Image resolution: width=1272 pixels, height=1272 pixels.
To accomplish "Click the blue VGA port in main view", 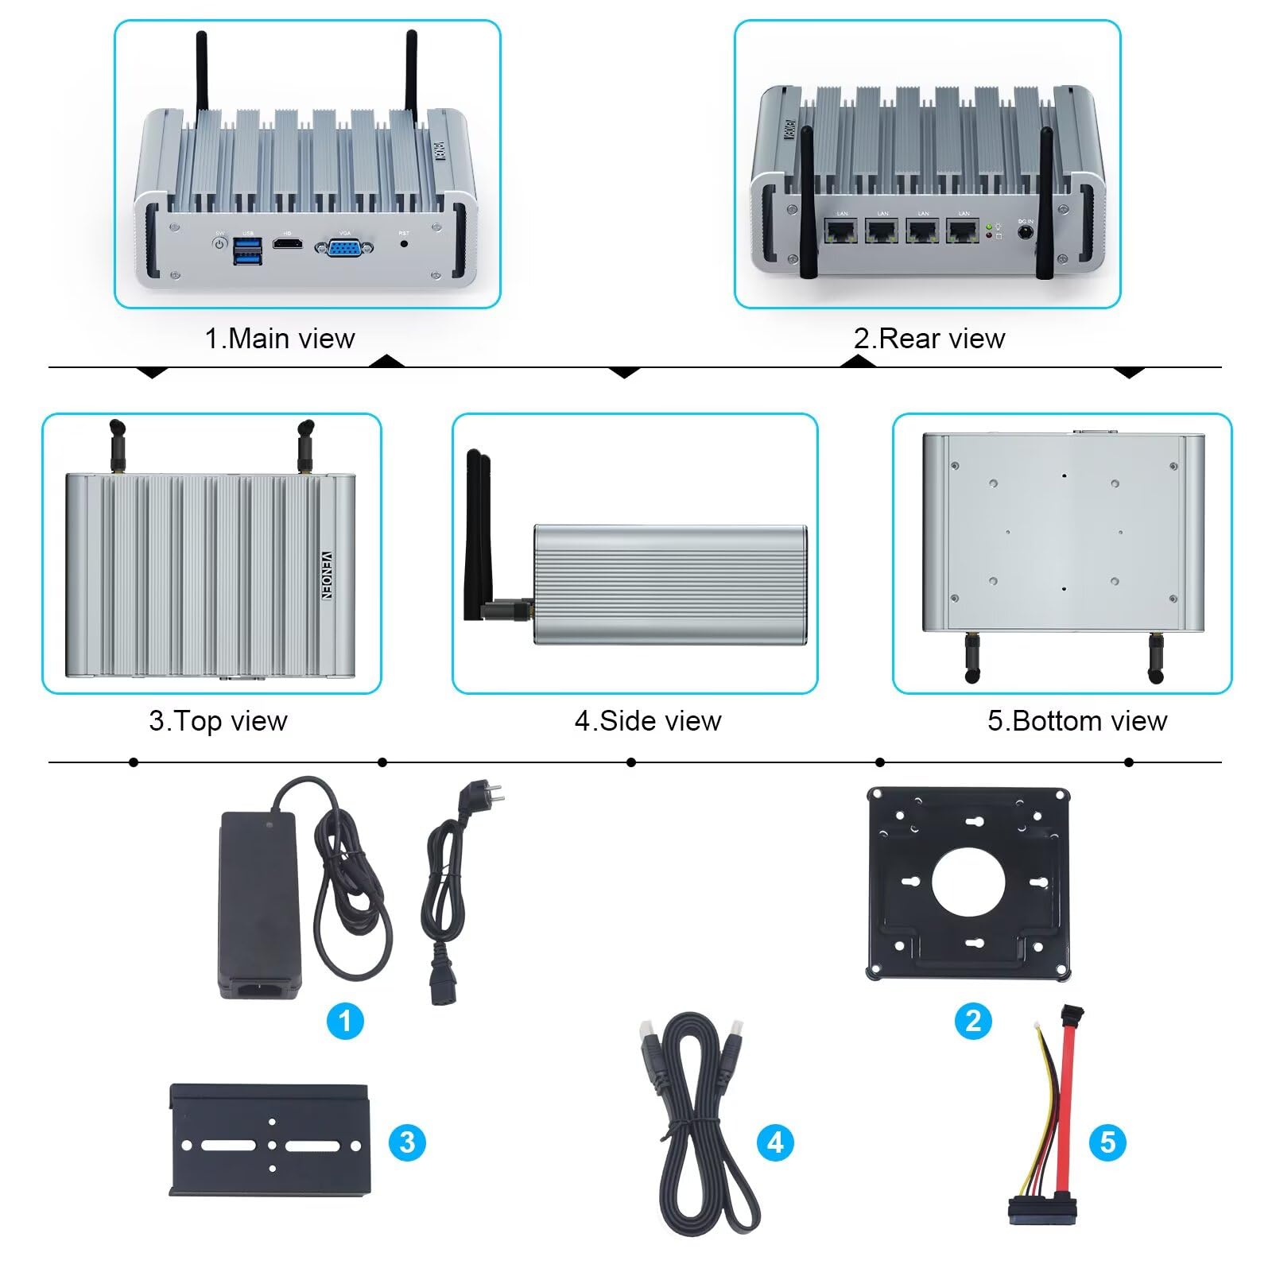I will pyautogui.click(x=344, y=248).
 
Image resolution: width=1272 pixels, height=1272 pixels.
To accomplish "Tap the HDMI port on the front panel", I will pyautogui.click(x=288, y=242).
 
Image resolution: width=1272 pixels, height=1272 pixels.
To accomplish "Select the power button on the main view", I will pyautogui.click(x=220, y=242).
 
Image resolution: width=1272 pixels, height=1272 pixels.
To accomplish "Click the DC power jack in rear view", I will pyautogui.click(x=1026, y=233).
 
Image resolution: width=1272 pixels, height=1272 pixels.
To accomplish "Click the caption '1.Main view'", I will pyautogui.click(x=280, y=339).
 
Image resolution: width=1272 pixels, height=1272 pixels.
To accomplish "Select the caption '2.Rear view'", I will pyautogui.click(x=929, y=339).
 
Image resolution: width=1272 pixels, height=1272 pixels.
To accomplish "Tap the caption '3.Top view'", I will pyautogui.click(x=218, y=721).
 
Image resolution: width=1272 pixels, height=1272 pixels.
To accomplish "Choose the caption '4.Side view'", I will pyautogui.click(x=648, y=721).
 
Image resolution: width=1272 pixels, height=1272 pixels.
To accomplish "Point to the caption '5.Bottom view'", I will pyautogui.click(x=1077, y=721).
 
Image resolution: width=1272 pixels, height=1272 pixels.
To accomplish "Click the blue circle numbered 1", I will pyautogui.click(x=345, y=1021).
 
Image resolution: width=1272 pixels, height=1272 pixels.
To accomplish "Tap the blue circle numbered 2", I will pyautogui.click(x=973, y=1021).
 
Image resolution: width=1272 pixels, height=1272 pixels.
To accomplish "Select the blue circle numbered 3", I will pyautogui.click(x=407, y=1142).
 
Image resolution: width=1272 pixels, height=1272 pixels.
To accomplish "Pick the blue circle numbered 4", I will pyautogui.click(x=775, y=1142).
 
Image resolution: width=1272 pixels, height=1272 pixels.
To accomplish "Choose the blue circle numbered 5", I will pyautogui.click(x=1107, y=1142).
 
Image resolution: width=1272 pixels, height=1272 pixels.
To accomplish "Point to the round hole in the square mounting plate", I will pyautogui.click(x=968, y=882).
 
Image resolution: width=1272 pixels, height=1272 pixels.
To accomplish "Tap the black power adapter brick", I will pyautogui.click(x=259, y=905).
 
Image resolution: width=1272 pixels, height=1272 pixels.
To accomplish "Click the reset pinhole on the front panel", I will pyautogui.click(x=404, y=243).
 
